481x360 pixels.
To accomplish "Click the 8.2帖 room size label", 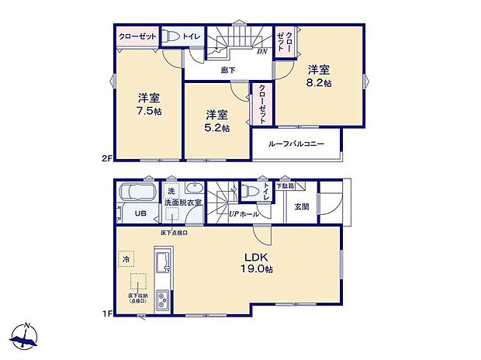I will pyautogui.click(x=320, y=81).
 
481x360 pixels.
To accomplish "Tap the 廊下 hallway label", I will pyautogui.click(x=227, y=71).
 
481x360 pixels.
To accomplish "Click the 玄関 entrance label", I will pyautogui.click(x=302, y=207).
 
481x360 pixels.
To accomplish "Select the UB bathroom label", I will pyautogui.click(x=142, y=214).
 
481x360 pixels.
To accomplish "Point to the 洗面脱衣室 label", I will pyautogui.click(x=183, y=202).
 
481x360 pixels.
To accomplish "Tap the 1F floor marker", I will pyautogui.click(x=106, y=313).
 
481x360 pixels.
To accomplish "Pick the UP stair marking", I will pyautogui.click(x=233, y=213).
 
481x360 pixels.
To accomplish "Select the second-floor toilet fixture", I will pyautogui.click(x=173, y=36).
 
